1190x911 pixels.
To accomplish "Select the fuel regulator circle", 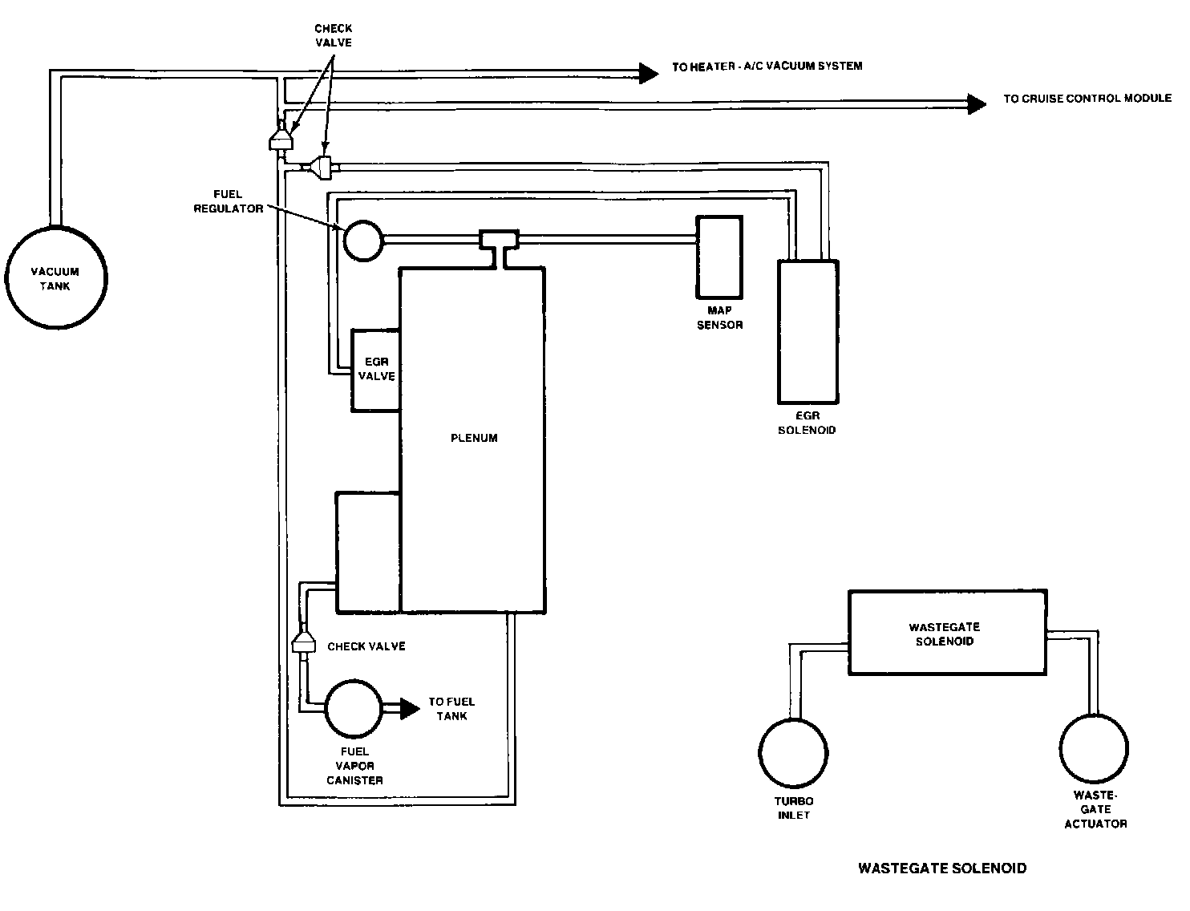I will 364,239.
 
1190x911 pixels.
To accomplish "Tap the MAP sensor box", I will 719,256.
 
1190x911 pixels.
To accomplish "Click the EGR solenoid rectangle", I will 808,330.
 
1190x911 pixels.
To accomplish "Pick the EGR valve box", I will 376,370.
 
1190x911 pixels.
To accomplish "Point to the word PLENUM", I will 474,438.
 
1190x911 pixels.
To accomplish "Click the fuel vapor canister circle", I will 354,709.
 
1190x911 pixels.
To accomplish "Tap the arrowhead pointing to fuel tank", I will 409,708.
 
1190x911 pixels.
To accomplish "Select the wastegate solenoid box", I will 947,633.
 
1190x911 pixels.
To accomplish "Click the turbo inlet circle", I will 794,752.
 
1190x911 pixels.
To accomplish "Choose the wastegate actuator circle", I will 1094,747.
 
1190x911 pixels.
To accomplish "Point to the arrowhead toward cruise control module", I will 977,103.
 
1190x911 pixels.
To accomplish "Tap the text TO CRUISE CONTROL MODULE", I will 1087,99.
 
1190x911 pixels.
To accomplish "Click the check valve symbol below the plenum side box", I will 303,642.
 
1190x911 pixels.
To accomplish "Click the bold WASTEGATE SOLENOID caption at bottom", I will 941,868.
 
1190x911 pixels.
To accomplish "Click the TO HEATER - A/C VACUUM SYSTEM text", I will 767,66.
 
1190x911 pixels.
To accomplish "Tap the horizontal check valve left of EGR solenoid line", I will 322,167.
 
